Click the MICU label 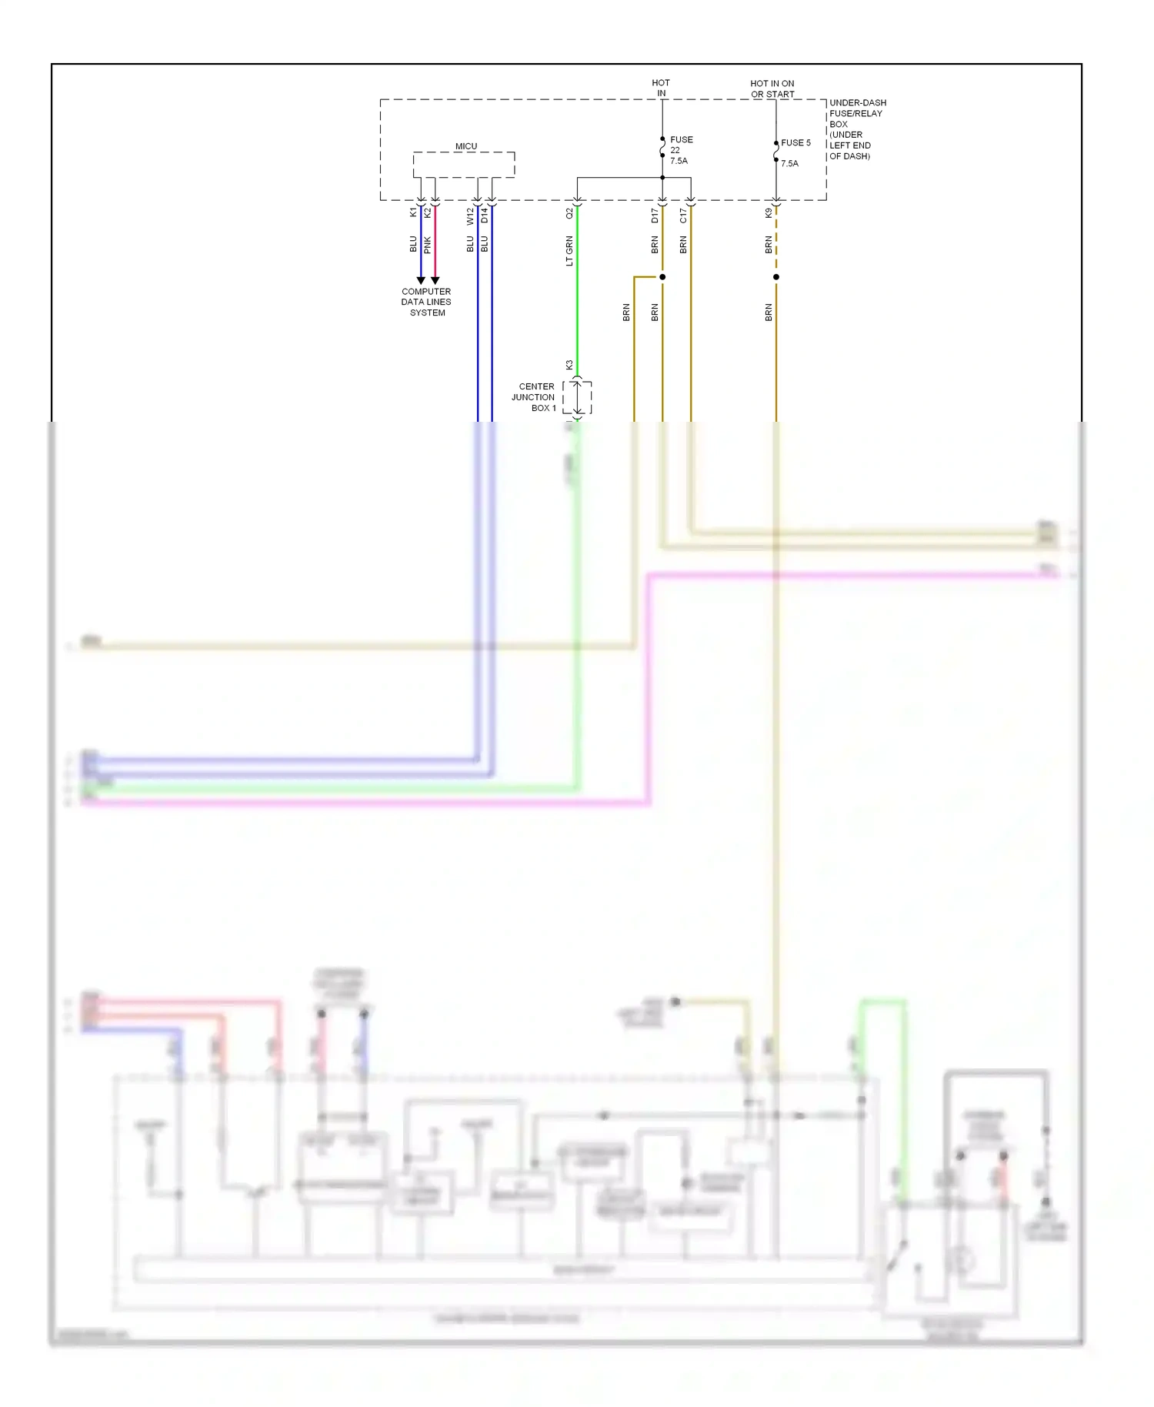[x=465, y=146]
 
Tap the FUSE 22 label [x=680, y=150]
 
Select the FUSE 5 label [x=795, y=143]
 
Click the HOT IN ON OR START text [x=772, y=89]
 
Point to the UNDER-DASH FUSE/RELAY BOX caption [x=856, y=129]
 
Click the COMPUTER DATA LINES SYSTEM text [x=426, y=302]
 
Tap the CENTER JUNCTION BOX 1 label [x=534, y=397]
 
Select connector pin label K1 [x=413, y=212]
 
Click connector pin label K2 [x=428, y=212]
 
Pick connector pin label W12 [x=470, y=216]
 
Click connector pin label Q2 [x=569, y=213]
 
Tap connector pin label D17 [x=655, y=216]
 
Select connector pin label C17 [x=683, y=216]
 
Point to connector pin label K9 [x=769, y=213]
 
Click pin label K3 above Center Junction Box [x=569, y=365]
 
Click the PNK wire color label [x=428, y=246]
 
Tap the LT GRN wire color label [x=569, y=252]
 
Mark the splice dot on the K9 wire [x=776, y=277]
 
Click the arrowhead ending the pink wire [x=435, y=280]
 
